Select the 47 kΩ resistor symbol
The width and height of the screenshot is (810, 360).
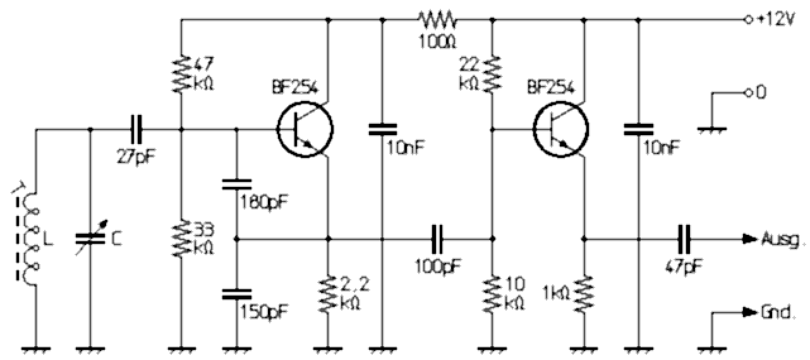(x=181, y=75)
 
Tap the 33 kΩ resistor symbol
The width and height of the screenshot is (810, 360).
(x=181, y=239)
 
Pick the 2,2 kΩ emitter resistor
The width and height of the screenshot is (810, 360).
(x=328, y=294)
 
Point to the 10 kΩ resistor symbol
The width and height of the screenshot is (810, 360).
(x=493, y=293)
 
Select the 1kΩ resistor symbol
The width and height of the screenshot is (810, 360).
(x=584, y=294)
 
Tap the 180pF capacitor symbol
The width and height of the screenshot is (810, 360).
(x=237, y=184)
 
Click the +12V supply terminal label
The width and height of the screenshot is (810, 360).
(x=775, y=20)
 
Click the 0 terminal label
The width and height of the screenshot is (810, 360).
(x=762, y=93)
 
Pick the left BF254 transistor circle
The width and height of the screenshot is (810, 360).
(x=305, y=130)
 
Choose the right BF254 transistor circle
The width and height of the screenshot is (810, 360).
(x=562, y=130)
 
